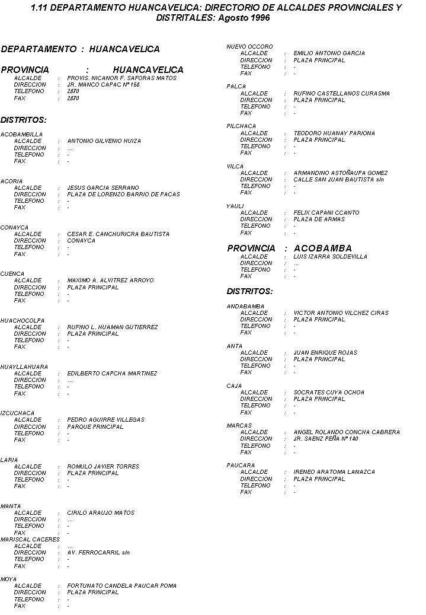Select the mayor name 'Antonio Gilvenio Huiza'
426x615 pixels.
104,141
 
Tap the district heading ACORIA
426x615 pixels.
12,181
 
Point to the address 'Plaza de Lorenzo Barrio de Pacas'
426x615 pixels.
123,194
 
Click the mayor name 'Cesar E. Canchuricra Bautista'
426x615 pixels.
118,234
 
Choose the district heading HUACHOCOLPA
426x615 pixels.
23,320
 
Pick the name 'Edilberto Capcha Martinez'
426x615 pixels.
112,374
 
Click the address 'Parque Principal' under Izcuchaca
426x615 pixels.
95,426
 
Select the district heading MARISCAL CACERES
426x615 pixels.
30,539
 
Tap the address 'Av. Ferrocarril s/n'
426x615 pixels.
98,552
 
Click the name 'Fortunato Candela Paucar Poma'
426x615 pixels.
121,585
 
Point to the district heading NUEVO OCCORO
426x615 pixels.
249,46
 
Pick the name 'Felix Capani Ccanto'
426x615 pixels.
326,212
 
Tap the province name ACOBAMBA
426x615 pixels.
322,248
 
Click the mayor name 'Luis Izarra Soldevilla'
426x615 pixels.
330,257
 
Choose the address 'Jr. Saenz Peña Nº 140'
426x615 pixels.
325,439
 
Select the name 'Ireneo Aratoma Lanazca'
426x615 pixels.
334,472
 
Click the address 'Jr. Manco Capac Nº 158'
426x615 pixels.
103,85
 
